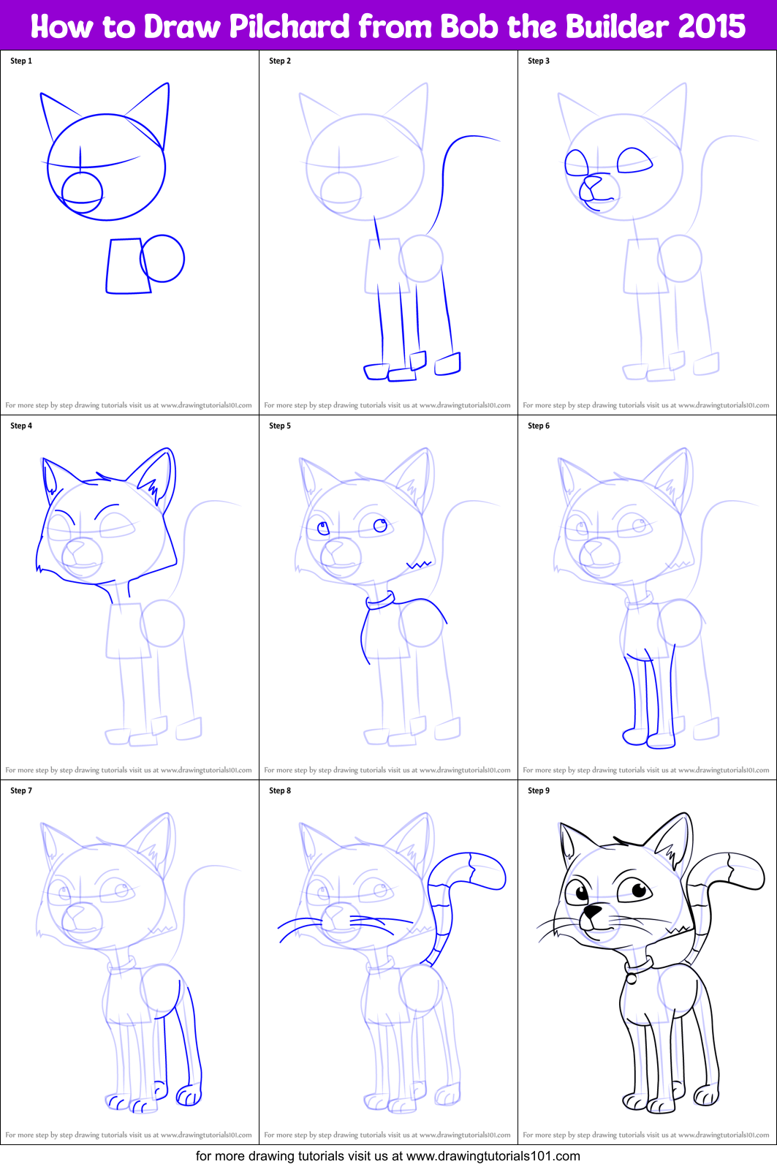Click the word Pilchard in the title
tap(290, 27)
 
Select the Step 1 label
tap(21, 61)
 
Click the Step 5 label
tap(280, 426)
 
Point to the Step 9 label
tap(539, 790)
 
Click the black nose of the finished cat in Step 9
tap(591, 912)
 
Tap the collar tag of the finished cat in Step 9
tap(630, 978)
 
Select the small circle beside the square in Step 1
tap(163, 258)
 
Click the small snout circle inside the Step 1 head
tap(81, 191)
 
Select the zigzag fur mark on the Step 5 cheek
tap(418, 564)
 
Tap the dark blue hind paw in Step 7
tap(189, 1095)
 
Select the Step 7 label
tap(21, 790)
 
